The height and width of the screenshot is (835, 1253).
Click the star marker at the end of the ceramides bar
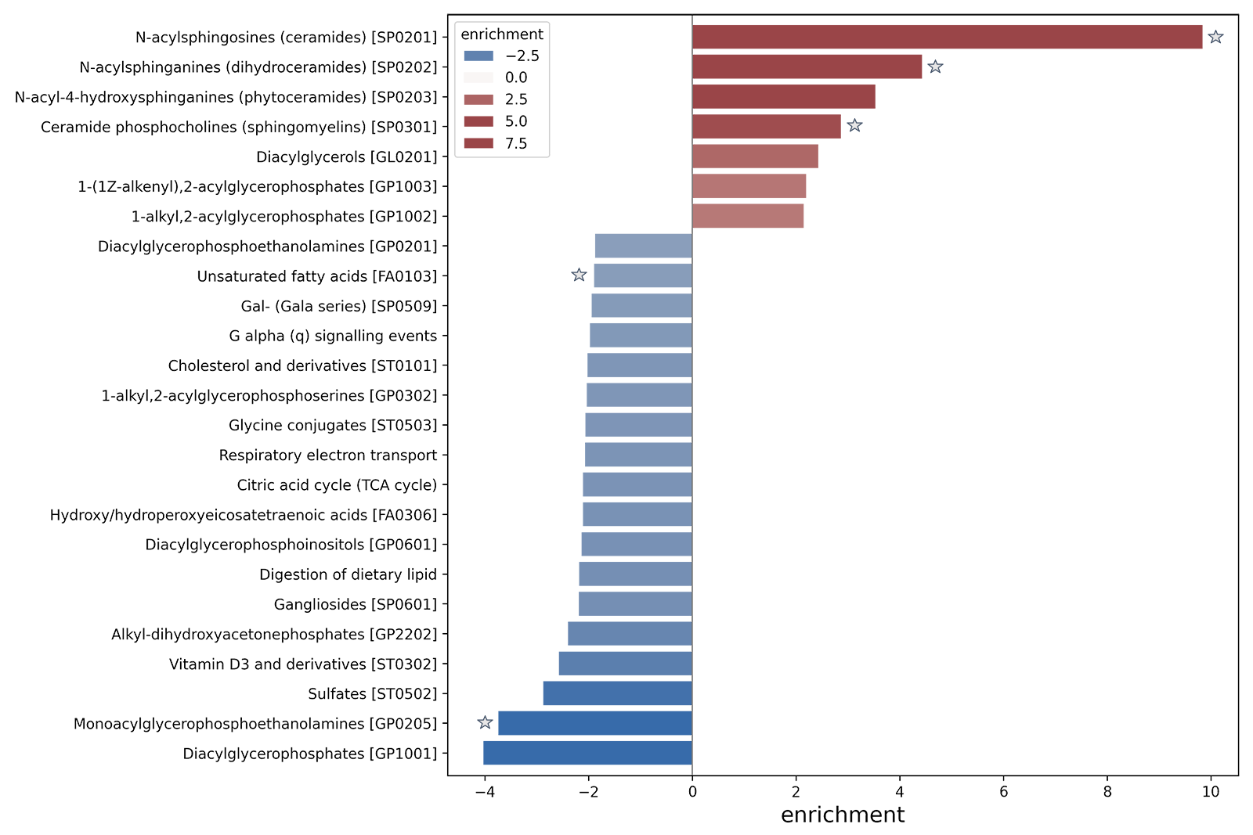click(1215, 38)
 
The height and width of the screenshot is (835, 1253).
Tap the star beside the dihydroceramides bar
click(934, 67)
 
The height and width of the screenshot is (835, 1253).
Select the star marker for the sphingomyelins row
click(854, 125)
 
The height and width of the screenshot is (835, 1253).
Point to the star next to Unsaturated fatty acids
click(579, 275)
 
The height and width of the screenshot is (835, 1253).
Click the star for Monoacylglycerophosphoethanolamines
click(485, 722)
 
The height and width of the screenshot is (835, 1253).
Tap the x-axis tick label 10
click(1211, 792)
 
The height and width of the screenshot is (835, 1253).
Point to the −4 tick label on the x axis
click(484, 792)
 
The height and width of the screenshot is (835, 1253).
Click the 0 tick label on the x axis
click(692, 792)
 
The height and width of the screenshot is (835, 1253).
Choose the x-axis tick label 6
click(1003, 792)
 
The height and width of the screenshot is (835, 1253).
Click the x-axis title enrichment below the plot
click(843, 815)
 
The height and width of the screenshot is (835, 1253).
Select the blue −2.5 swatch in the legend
click(478, 57)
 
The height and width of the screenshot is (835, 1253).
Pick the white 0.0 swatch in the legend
click(478, 79)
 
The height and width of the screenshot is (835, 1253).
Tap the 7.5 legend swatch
click(478, 146)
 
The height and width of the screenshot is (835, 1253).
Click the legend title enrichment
click(502, 34)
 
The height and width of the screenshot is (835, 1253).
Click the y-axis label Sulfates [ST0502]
click(371, 694)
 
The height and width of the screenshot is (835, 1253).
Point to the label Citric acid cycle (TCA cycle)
click(337, 485)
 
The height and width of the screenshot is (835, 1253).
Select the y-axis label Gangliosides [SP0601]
click(355, 605)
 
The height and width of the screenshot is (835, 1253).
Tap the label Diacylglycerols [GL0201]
click(347, 157)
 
